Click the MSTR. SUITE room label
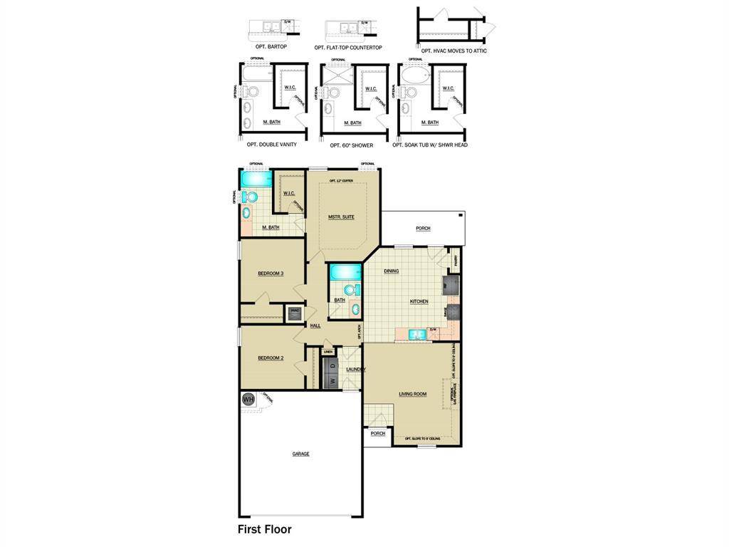tap(341, 217)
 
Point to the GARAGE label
tap(300, 454)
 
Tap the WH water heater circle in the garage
tap(248, 400)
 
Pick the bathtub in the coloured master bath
tap(256, 178)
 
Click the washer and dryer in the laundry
tap(332, 373)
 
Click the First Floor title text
tap(264, 529)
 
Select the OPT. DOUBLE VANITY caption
tap(272, 145)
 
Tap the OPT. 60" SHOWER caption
tap(352, 145)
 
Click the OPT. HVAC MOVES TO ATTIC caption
tap(454, 51)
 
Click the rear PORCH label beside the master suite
tap(423, 229)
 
